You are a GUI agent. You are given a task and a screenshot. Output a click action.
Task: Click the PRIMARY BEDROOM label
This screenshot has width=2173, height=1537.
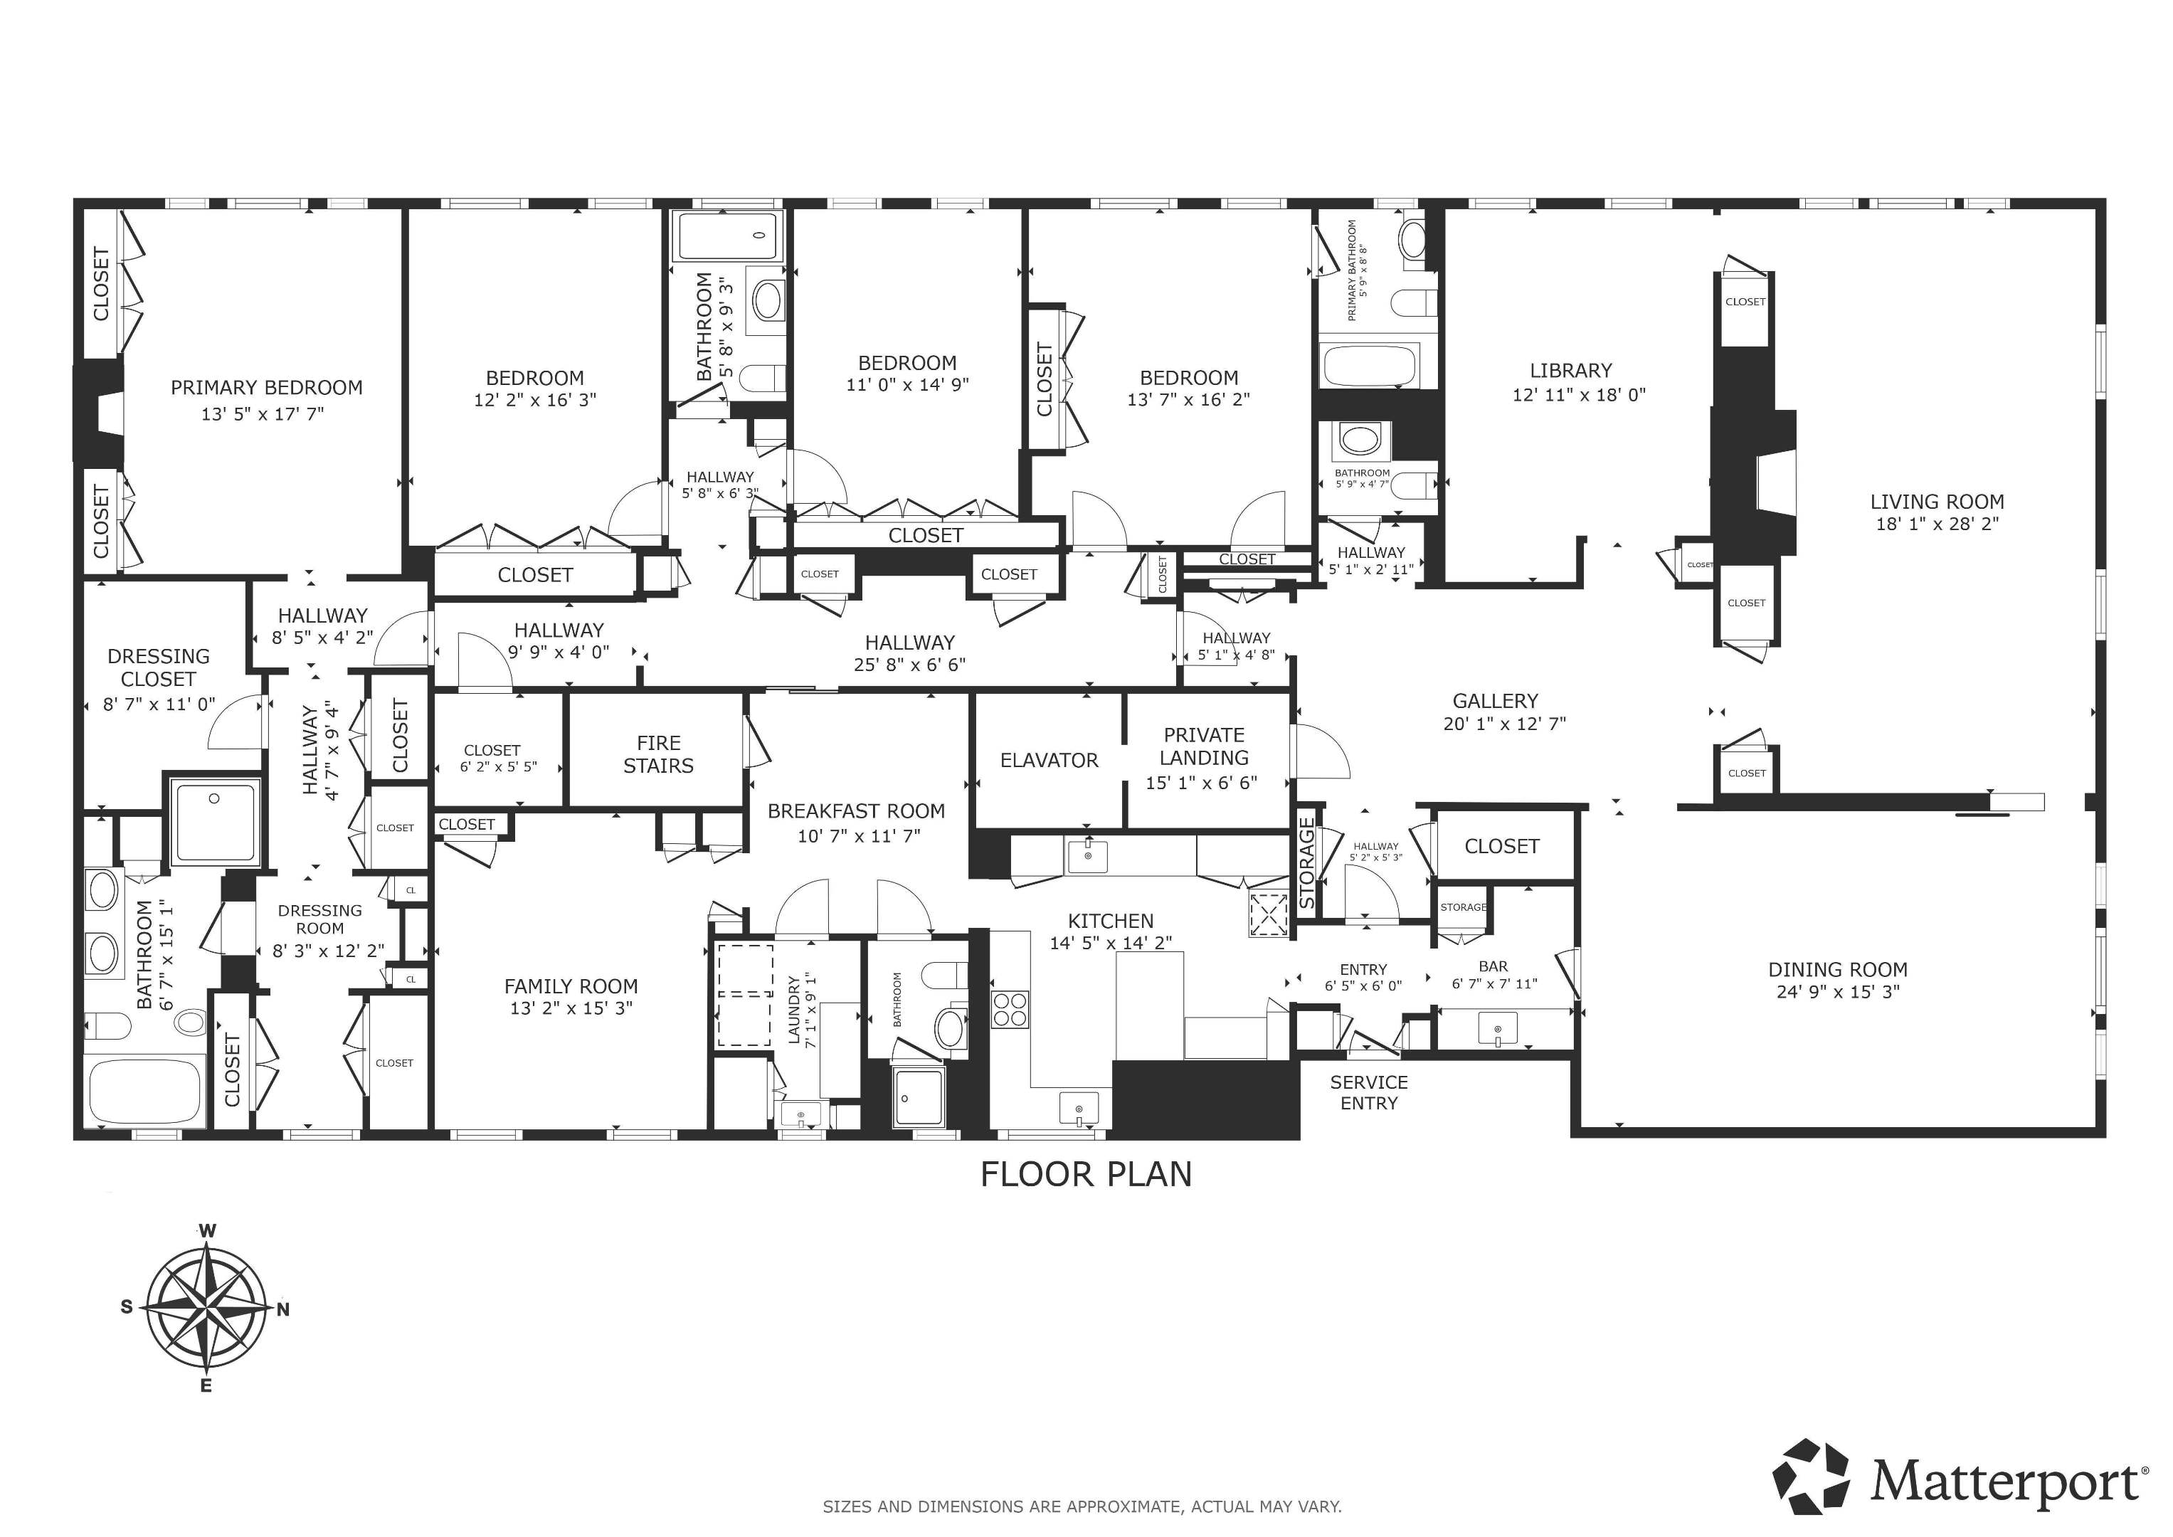pyautogui.click(x=266, y=387)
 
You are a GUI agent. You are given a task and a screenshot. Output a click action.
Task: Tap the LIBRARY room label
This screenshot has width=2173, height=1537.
pyautogui.click(x=1571, y=370)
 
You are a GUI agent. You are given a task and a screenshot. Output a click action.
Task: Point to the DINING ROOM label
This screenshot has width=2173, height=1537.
pyautogui.click(x=1838, y=969)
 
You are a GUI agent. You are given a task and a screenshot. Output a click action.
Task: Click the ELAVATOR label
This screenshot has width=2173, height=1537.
pyautogui.click(x=1050, y=760)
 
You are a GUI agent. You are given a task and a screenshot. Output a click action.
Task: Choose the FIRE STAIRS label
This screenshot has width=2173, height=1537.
pyautogui.click(x=659, y=754)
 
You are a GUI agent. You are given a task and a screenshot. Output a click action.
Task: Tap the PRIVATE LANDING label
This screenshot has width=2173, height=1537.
pyautogui.click(x=1204, y=746)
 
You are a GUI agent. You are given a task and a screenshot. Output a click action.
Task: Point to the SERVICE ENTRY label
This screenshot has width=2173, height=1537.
pyautogui.click(x=1368, y=1092)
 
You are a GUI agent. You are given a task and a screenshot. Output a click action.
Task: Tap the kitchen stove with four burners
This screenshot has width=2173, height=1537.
pyautogui.click(x=1010, y=1008)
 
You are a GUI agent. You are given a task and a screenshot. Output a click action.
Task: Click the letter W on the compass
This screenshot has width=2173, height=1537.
pyautogui.click(x=207, y=1230)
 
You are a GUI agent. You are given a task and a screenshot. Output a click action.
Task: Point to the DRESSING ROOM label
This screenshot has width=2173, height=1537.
pyautogui.click(x=320, y=919)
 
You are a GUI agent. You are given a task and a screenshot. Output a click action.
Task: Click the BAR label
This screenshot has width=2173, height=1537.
pyautogui.click(x=1493, y=966)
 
